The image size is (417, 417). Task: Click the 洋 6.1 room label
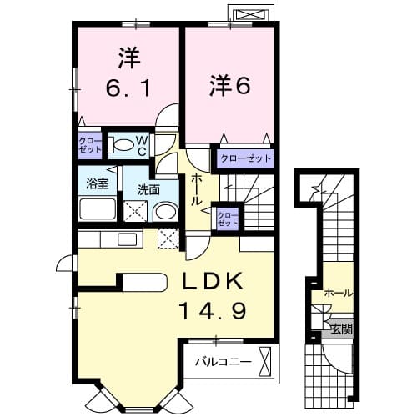coord(129,73)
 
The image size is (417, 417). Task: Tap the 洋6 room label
coord(230,86)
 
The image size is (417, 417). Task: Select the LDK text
coord(213,281)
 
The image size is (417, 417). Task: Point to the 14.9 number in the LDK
coord(213,310)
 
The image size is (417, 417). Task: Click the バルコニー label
coord(224,362)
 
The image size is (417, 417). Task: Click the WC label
coord(142,147)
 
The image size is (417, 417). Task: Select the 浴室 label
coord(97,183)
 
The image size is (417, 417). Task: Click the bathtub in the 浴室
coord(98,208)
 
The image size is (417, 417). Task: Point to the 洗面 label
coord(148,190)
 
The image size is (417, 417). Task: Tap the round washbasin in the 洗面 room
coord(166,212)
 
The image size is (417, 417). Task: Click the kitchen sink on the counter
coord(127,239)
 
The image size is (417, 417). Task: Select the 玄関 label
coord(342,330)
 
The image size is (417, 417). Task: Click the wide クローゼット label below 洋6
coord(245,158)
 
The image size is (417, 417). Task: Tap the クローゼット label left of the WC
coord(89,145)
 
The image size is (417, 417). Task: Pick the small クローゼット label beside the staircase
coord(228,219)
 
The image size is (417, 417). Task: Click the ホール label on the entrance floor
coord(339,293)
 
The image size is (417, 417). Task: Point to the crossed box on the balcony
coord(264,361)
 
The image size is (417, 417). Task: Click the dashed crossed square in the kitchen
coord(168,239)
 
